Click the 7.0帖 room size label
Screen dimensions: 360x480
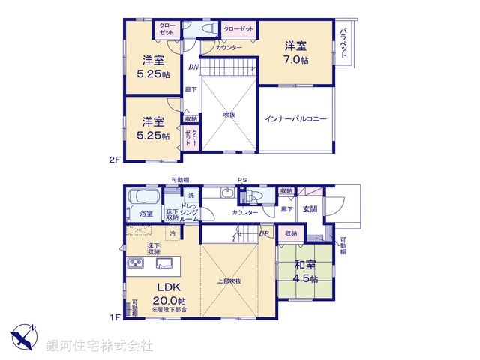tap(295, 61)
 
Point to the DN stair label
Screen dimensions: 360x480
tap(193, 67)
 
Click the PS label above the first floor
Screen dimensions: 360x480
tap(241, 180)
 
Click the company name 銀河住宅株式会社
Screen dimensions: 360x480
tap(99, 346)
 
